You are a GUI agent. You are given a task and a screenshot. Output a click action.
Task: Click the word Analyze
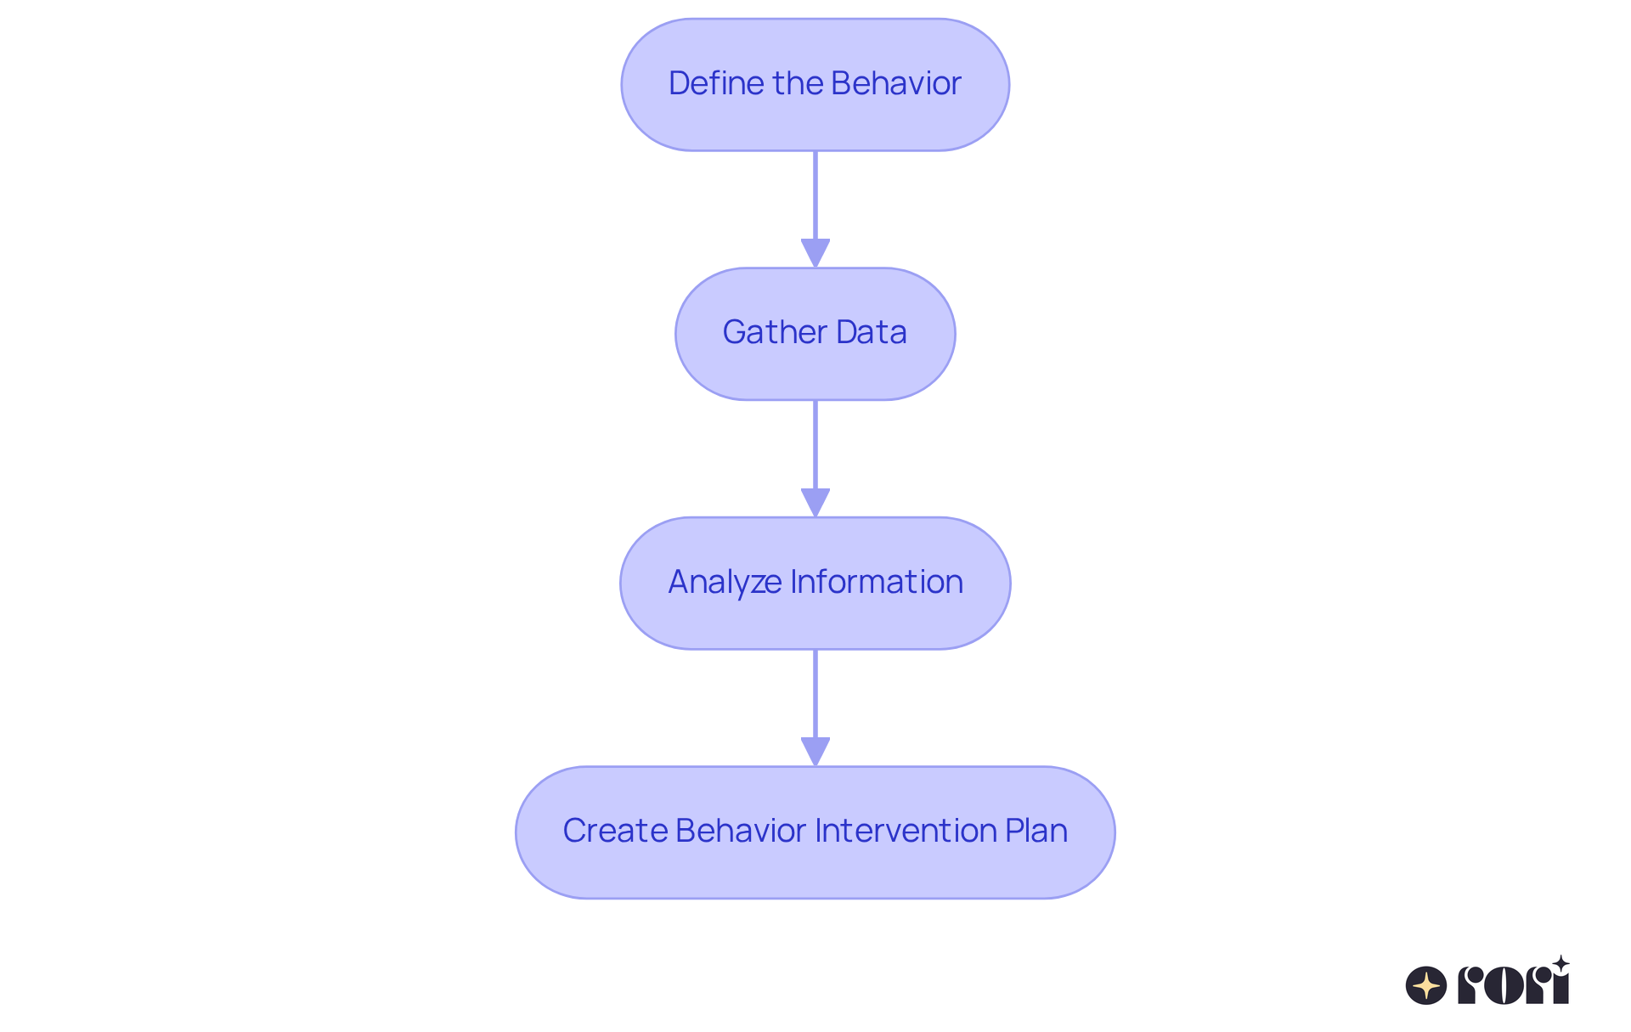point(725,582)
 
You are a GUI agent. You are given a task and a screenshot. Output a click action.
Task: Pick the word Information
point(877,582)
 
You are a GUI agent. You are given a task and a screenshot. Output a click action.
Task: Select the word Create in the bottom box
point(614,831)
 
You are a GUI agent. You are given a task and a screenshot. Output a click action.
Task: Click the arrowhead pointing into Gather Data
point(815,253)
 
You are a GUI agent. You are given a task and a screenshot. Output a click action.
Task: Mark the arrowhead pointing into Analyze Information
point(815,502)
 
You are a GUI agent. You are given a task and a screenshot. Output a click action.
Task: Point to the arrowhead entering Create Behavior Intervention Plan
point(815,751)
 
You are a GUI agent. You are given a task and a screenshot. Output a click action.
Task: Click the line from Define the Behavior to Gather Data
point(815,195)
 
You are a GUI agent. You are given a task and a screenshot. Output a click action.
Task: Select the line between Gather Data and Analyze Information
point(815,444)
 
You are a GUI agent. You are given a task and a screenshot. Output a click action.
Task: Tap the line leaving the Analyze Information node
point(815,693)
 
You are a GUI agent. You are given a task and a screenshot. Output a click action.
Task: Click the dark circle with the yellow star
point(1426,986)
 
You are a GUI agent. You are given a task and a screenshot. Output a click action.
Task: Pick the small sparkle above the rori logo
point(1560,964)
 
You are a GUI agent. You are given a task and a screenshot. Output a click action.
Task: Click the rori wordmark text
point(1512,986)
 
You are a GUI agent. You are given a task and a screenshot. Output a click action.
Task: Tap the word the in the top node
point(798,83)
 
